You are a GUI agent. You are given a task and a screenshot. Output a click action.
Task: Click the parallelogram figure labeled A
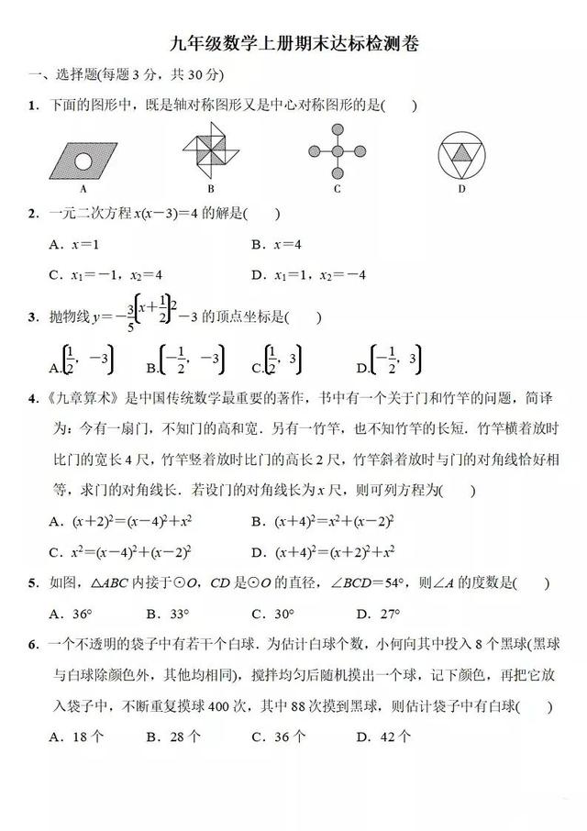pos(83,161)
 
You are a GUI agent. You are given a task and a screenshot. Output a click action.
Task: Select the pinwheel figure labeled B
pos(209,150)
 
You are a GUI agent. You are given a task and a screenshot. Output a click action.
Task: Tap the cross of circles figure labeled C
pos(337,150)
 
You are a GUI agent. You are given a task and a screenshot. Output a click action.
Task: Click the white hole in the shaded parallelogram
pos(83,161)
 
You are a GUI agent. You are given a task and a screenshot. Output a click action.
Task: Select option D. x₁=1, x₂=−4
pos(308,274)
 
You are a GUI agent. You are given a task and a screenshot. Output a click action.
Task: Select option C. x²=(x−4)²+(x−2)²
pos(119,552)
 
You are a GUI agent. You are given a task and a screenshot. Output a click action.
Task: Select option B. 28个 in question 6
pos(171,737)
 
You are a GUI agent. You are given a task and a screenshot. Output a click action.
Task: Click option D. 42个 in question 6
pos(382,737)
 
